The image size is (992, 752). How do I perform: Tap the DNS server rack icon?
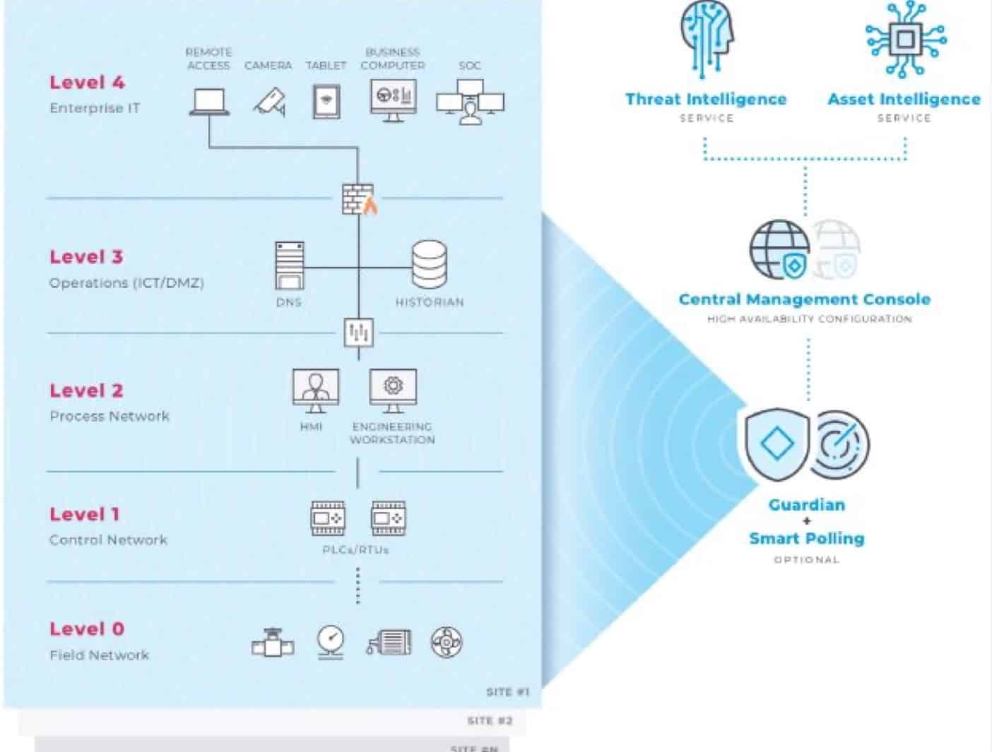[x=290, y=265]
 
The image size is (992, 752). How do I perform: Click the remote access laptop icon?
[x=209, y=102]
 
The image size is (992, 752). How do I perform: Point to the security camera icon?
[x=270, y=102]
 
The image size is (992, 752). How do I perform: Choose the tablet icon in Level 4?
[x=326, y=102]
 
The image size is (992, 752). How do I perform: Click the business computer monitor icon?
[x=393, y=100]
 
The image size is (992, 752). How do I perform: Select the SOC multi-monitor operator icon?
[x=470, y=102]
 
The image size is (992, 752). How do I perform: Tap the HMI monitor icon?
[x=315, y=390]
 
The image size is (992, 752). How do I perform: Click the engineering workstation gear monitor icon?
[x=393, y=390]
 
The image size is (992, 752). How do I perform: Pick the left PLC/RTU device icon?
[x=328, y=518]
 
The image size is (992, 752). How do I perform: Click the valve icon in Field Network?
[x=273, y=643]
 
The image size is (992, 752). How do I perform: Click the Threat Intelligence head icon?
[x=707, y=39]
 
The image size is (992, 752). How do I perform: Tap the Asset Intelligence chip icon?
[x=906, y=38]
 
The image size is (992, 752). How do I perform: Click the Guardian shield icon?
[x=777, y=444]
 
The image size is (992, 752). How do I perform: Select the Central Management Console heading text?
[x=804, y=299]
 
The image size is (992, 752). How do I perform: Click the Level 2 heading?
[x=86, y=390]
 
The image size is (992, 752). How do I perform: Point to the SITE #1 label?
[x=507, y=692]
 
